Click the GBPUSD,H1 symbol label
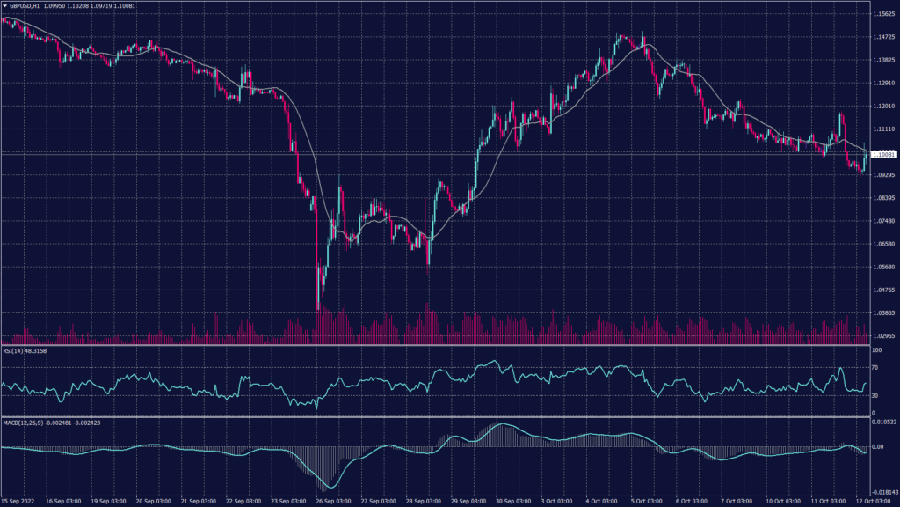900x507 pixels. click(x=20, y=6)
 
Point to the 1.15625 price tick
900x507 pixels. click(x=882, y=15)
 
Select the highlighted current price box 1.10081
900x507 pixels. click(x=882, y=155)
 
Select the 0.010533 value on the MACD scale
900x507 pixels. click(x=882, y=422)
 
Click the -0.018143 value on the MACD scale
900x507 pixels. click(x=882, y=493)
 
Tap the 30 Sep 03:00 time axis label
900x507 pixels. click(x=516, y=501)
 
